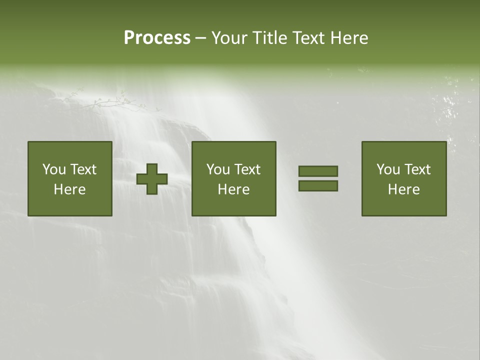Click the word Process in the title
[x=157, y=38]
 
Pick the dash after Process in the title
[x=200, y=38]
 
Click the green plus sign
[x=152, y=179]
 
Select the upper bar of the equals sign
[x=318, y=171]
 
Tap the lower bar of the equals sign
[x=318, y=186]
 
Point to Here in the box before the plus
[x=69, y=189]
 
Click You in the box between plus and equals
[x=218, y=169]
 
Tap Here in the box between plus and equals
[x=233, y=189]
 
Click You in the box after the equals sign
[x=388, y=169]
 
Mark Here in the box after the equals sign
[x=403, y=189]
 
